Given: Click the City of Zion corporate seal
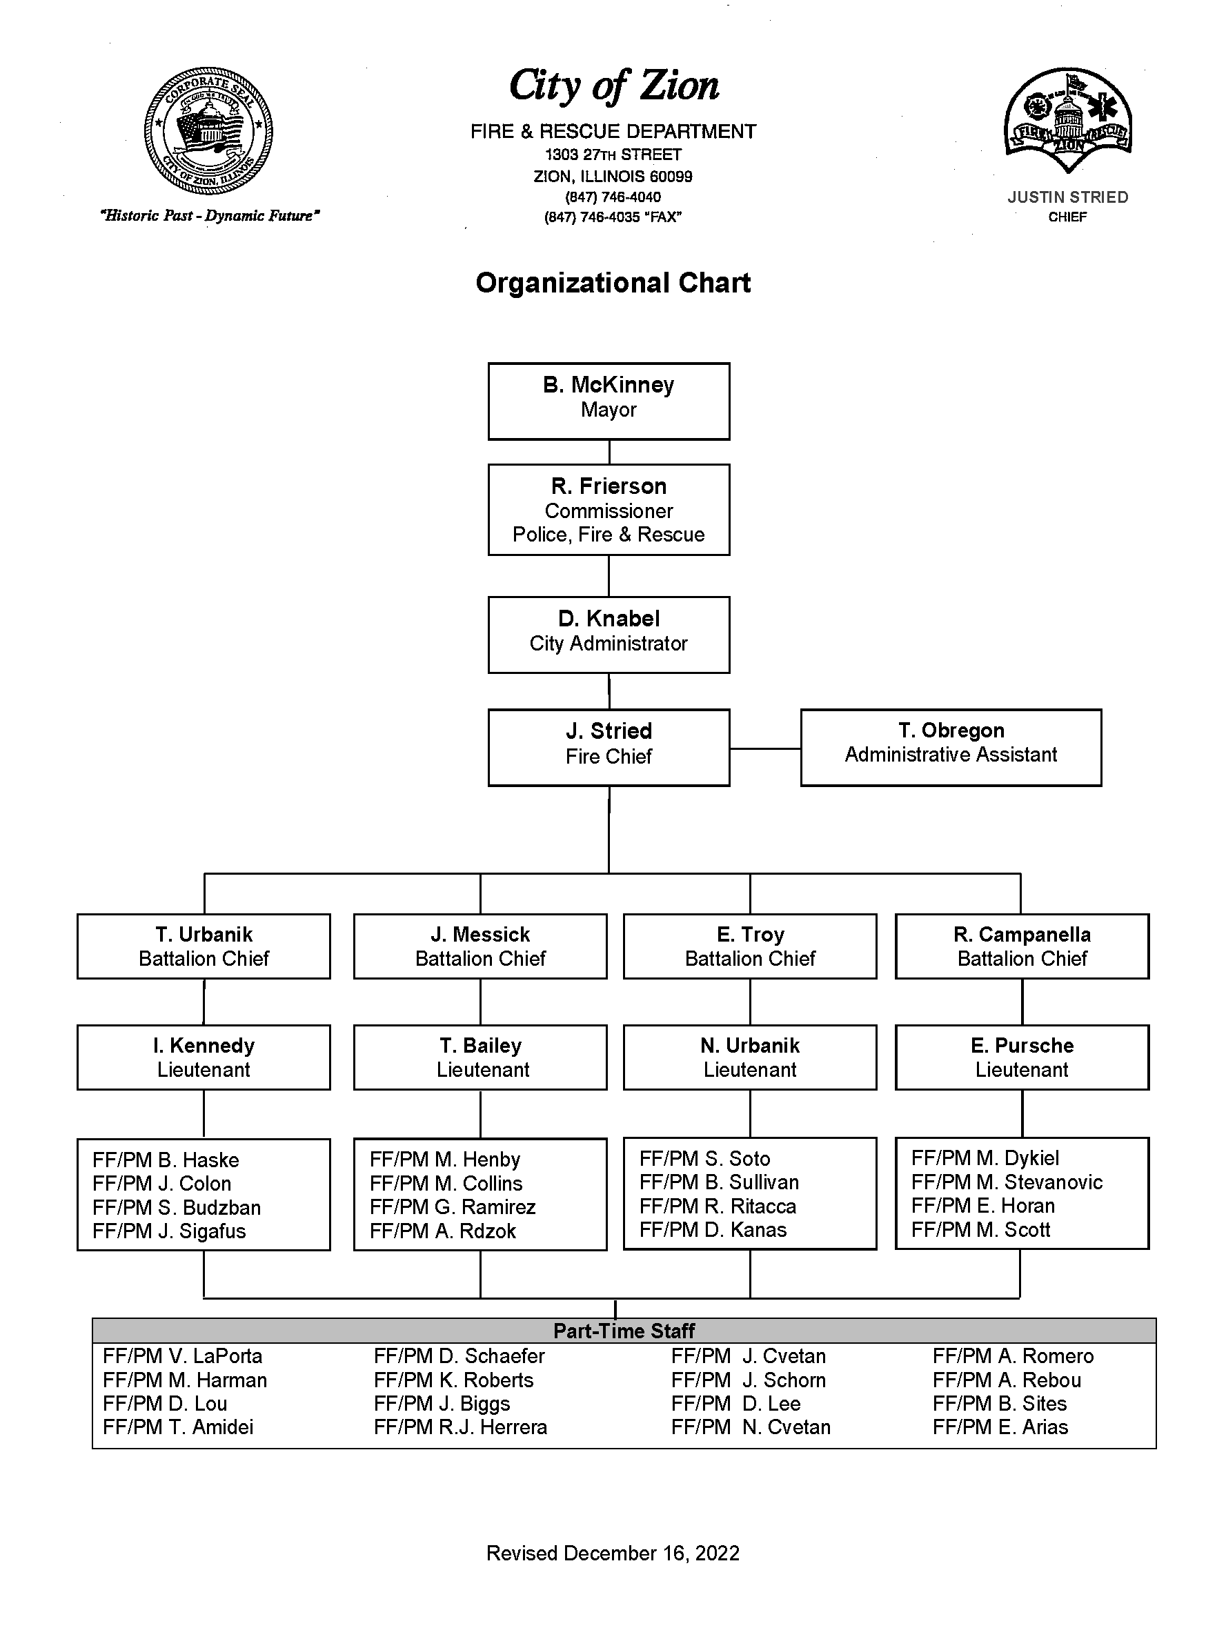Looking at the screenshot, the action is click(x=208, y=131).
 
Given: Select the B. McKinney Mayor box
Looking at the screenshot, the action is click(x=609, y=401).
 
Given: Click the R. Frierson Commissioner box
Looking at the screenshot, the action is click(x=609, y=510).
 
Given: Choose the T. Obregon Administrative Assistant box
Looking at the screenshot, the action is click(x=951, y=748).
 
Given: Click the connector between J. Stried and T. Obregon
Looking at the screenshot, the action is click(x=765, y=748).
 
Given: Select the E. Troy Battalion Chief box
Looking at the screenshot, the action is click(x=750, y=946).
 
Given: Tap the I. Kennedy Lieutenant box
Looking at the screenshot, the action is click(x=204, y=1057).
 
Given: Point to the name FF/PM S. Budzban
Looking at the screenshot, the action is click(x=177, y=1207).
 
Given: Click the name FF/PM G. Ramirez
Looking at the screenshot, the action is click(x=453, y=1207).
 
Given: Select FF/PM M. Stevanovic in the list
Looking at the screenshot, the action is click(x=1007, y=1182).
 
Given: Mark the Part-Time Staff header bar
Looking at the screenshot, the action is click(x=624, y=1331).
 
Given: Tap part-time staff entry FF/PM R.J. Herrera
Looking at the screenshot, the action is click(x=460, y=1427).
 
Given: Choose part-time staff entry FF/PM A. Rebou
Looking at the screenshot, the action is click(x=1007, y=1380).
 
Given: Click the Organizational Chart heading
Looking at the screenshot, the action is click(x=613, y=283).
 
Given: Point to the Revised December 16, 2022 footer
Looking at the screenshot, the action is click(x=613, y=1553).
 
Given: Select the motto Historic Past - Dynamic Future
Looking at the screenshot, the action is click(x=209, y=216).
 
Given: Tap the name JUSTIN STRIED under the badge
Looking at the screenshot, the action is click(x=1067, y=197).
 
